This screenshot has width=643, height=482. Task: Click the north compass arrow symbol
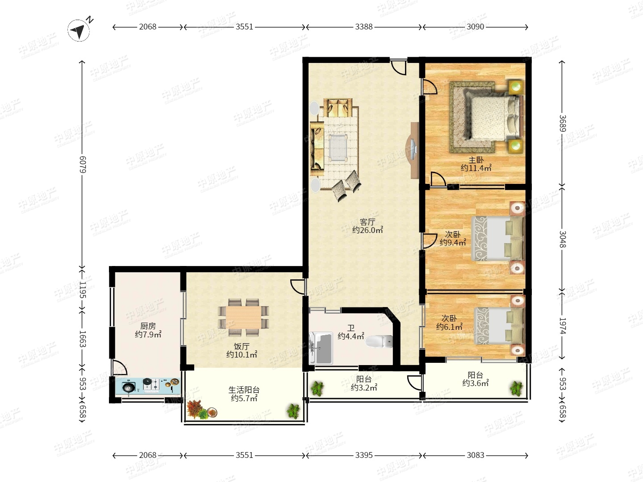(x=79, y=30)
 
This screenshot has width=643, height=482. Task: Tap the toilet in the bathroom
(x=379, y=341)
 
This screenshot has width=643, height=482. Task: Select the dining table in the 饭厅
(x=243, y=317)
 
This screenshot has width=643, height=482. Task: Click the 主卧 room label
(x=476, y=160)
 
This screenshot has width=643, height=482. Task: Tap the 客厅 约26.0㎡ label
(x=367, y=226)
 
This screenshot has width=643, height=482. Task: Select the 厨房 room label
(x=148, y=326)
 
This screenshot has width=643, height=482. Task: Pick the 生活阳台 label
(x=244, y=390)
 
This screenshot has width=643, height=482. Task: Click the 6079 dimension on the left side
(x=83, y=165)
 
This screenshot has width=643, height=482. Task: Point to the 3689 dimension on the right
(x=563, y=123)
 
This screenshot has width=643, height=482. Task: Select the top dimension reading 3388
(x=364, y=27)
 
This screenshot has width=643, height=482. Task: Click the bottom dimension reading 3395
(x=364, y=455)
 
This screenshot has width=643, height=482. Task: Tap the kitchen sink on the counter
(x=128, y=387)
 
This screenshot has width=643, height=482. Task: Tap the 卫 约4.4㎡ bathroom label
(x=351, y=332)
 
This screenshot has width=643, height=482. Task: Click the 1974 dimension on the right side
(x=563, y=326)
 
